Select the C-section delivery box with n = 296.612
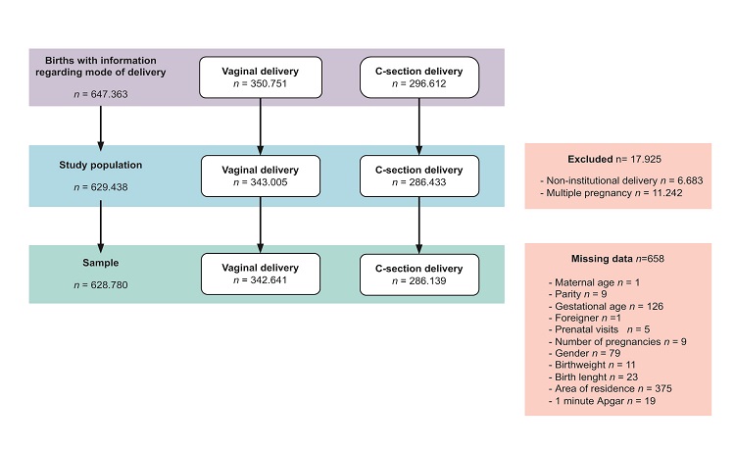[419, 76]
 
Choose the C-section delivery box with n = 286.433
[419, 176]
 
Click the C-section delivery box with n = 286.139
[419, 274]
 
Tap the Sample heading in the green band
[102, 265]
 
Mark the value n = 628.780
[102, 285]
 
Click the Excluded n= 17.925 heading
[610, 158]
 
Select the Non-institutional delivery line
[605, 181]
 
